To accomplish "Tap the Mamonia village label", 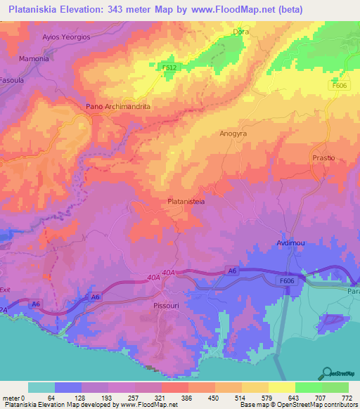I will click(34, 58).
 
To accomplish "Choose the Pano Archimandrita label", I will click(118, 106).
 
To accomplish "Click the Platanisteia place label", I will click(186, 201).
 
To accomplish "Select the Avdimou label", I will click(287, 244).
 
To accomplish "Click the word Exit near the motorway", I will click(6, 290).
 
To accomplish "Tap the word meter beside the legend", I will click(11, 397).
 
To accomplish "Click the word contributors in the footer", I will click(340, 405).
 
